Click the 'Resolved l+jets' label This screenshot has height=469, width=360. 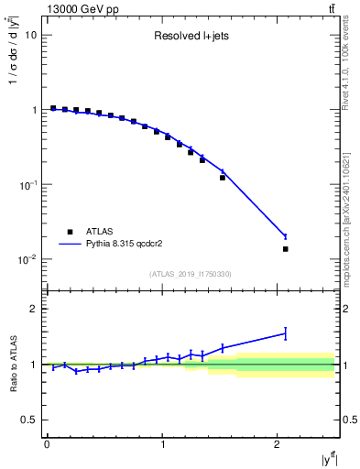[x=191, y=38]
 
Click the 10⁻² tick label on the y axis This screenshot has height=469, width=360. [x=27, y=259]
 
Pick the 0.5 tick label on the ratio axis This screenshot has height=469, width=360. [x=29, y=420]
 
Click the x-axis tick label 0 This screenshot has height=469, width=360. [x=47, y=444]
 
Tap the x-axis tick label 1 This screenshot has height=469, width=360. [x=162, y=444]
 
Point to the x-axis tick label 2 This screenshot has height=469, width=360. [x=278, y=444]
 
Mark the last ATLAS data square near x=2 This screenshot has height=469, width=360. [x=285, y=249]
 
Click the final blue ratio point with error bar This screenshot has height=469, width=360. [x=285, y=333]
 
